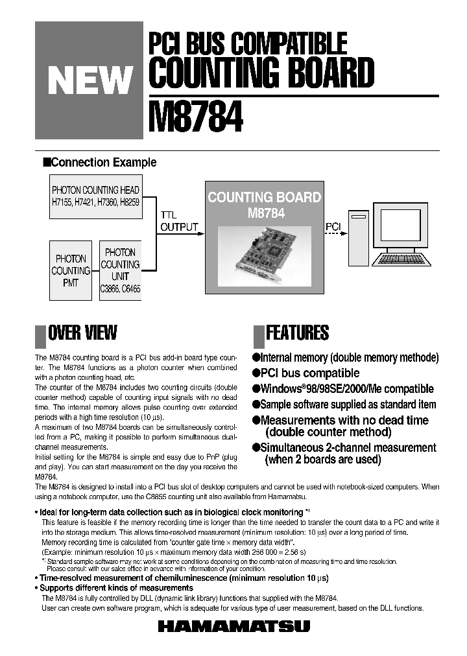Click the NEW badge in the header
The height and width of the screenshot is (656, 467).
pos(89,80)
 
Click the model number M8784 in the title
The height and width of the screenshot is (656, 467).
pos(197,117)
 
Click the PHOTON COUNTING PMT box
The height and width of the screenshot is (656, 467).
pos(71,270)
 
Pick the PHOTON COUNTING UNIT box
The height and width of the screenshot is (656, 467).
pos(120,270)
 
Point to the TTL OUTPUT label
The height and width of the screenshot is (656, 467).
pos(178,221)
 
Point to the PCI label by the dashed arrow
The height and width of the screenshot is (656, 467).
pos(333,226)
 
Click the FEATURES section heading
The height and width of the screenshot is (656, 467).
pos(297,333)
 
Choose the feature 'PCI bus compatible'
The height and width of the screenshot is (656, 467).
pos(309,373)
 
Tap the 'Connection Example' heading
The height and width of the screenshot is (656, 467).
pos(103,162)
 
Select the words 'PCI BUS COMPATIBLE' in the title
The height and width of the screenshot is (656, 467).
pos(248,43)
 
